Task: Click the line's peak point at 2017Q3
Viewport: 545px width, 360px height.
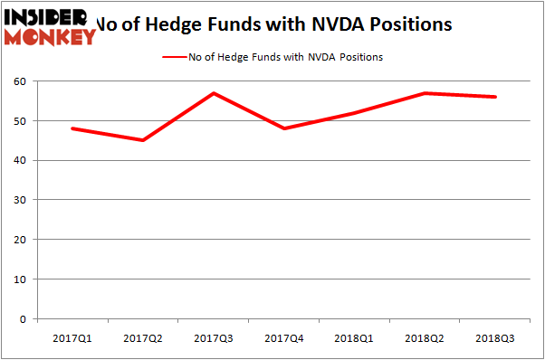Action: tap(213, 93)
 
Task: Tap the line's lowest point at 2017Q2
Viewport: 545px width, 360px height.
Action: tap(142, 140)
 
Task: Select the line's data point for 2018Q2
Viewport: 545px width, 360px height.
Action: tap(425, 93)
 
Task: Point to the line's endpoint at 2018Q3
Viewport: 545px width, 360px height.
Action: tap(495, 97)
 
